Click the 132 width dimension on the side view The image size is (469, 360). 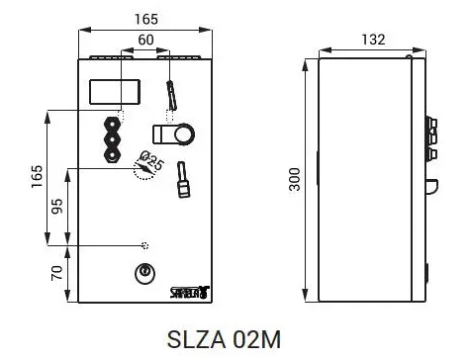click(373, 40)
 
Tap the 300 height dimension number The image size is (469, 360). click(295, 179)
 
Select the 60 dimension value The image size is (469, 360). click(145, 40)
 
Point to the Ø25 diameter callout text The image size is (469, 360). click(151, 160)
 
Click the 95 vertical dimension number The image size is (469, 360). click(57, 206)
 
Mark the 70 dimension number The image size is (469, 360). click(57, 273)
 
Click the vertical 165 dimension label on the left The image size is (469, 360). click(37, 176)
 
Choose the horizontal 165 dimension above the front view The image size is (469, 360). click(146, 19)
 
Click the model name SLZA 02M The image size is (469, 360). click(224, 339)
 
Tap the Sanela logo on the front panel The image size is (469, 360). click(190, 292)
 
